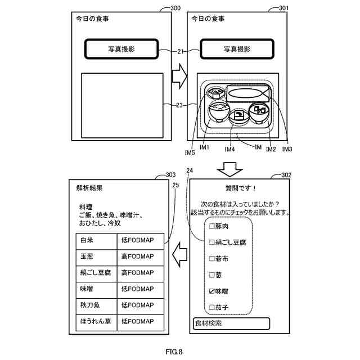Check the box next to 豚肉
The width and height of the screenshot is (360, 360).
[x=212, y=227]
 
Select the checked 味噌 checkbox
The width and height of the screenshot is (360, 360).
[x=212, y=291]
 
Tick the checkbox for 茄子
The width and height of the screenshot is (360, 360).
[x=212, y=308]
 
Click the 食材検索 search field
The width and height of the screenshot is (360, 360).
[x=231, y=323]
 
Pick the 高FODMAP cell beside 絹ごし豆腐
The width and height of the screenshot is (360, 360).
[x=141, y=273]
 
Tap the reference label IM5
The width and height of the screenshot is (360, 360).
[x=190, y=152]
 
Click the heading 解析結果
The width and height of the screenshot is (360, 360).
[x=89, y=188]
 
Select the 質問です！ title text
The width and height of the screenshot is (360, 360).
[x=236, y=188]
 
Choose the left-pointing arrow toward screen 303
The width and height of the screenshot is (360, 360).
[x=179, y=254]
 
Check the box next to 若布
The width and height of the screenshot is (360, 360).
[x=212, y=259]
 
